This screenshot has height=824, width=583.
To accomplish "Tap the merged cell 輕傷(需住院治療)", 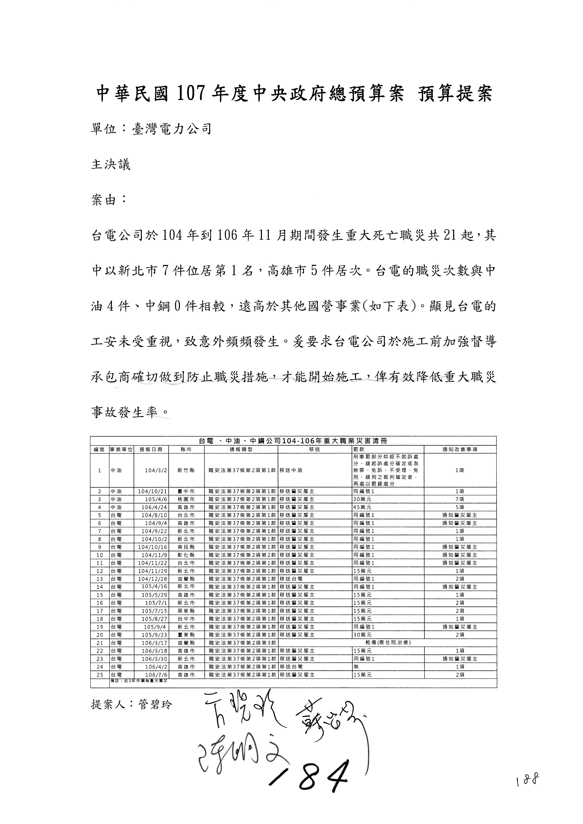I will point(387,643).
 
